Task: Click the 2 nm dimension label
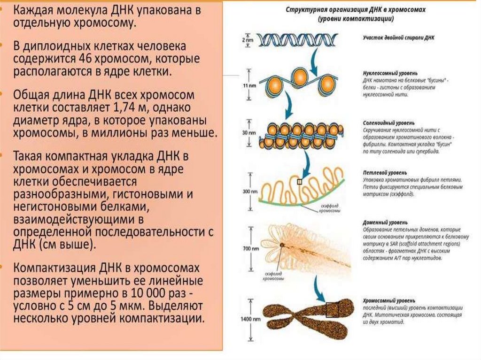247,41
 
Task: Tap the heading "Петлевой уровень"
381,173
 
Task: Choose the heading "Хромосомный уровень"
388,299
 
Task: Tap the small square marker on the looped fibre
299,182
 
